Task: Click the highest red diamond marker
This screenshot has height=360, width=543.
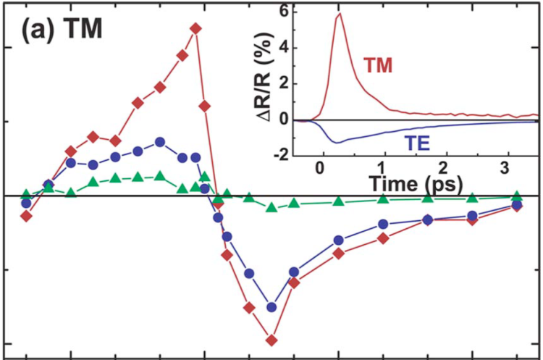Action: [195, 28]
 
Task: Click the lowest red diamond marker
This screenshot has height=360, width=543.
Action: [272, 339]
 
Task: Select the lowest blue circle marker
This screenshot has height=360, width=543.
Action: [272, 306]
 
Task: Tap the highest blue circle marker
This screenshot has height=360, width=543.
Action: [160, 142]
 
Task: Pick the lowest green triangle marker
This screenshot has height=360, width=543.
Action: [272, 207]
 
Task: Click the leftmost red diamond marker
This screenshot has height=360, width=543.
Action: [26, 216]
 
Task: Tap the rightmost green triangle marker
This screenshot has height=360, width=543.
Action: [517, 196]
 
